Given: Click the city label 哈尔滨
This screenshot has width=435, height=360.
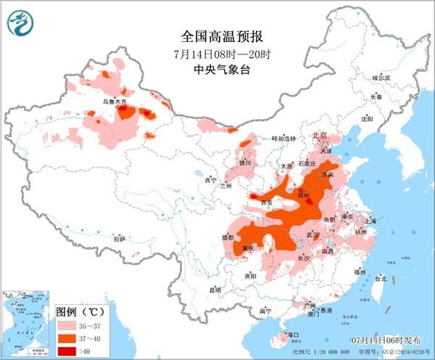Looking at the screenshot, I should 381,77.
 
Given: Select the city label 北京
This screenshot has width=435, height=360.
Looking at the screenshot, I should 319,136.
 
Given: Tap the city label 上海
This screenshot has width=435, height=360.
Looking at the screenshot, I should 375,218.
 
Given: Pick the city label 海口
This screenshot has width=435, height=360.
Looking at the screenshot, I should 293,335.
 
